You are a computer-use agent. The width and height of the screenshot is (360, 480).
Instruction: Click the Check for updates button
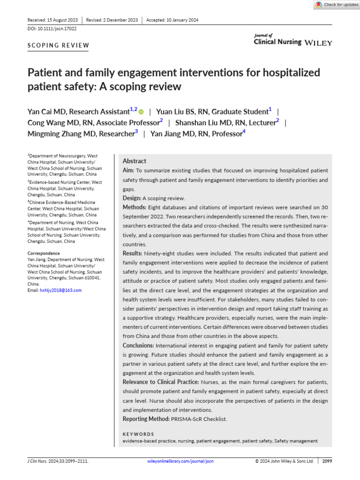point(336,5)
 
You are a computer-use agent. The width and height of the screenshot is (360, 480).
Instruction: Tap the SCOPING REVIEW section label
point(59,45)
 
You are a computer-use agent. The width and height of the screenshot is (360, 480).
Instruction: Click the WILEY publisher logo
point(318,43)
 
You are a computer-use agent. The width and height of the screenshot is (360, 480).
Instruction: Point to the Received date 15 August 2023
point(52,20)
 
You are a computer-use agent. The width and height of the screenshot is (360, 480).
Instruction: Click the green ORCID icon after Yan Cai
point(141,112)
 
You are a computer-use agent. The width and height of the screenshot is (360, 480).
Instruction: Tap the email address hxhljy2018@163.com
point(61,290)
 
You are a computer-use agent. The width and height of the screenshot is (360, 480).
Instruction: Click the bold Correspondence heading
point(44,253)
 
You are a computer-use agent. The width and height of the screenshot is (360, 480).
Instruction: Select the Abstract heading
point(135,161)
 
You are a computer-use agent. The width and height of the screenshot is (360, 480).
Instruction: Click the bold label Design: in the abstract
point(132,198)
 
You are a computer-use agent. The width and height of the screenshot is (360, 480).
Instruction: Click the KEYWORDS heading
point(138,434)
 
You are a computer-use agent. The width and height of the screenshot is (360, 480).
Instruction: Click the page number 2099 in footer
point(327,461)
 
